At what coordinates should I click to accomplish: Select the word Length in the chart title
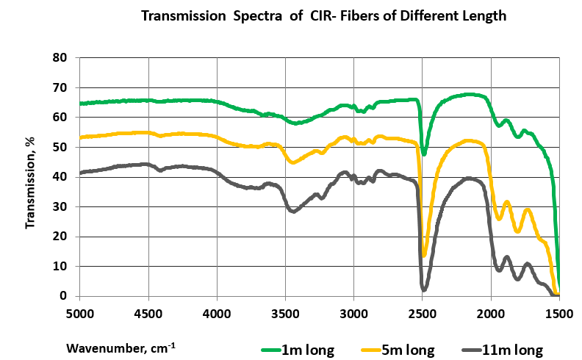pos(482,16)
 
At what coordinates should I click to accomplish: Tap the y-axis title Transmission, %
pos(31,176)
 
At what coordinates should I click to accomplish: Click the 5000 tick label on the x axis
pos(80,314)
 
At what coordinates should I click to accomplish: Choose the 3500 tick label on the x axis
pos(285,314)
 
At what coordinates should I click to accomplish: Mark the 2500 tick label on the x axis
pos(422,314)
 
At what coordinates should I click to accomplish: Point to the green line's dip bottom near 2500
pos(424,154)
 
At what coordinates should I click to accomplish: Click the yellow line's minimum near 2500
pos(424,255)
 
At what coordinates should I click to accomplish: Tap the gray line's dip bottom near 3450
pos(293,212)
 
